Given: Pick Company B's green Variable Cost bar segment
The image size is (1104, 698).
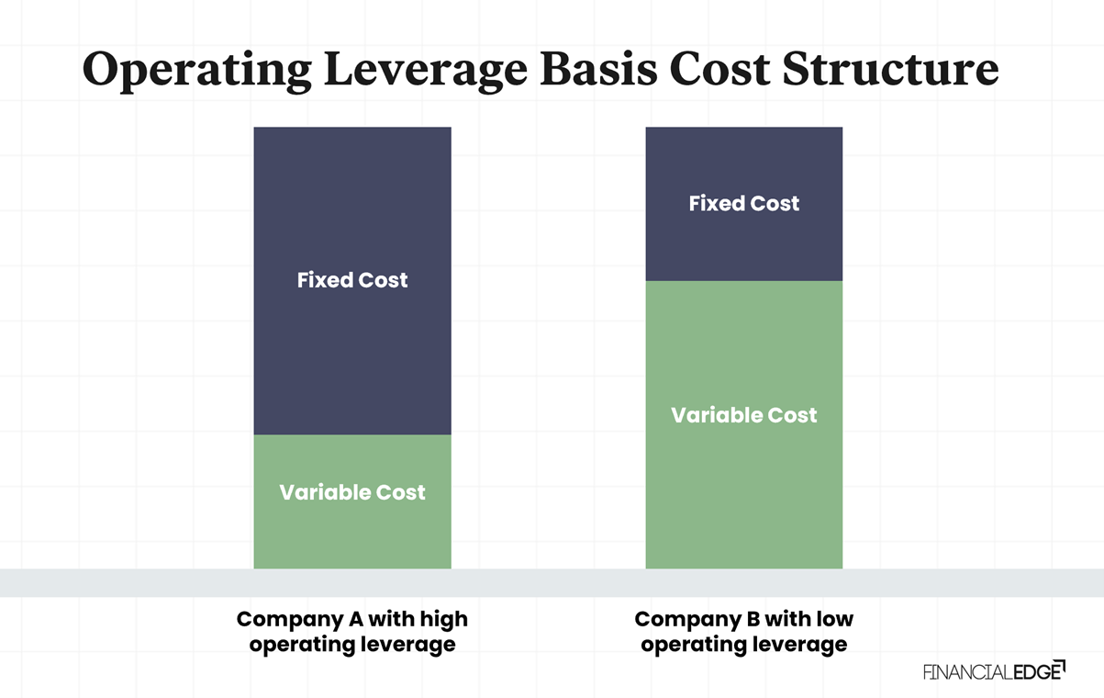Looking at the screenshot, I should [743, 496].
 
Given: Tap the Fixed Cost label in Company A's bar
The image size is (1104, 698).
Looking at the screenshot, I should [352, 280].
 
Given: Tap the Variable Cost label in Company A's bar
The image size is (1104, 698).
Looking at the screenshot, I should [352, 492].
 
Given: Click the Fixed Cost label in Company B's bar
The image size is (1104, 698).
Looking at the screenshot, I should [743, 203].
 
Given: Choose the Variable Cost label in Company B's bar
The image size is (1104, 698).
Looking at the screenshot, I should [743, 415].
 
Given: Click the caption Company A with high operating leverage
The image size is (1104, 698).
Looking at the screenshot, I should [352, 632].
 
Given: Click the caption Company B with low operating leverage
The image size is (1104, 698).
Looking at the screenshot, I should [743, 632].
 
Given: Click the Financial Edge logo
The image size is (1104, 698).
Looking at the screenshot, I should [994, 670].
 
